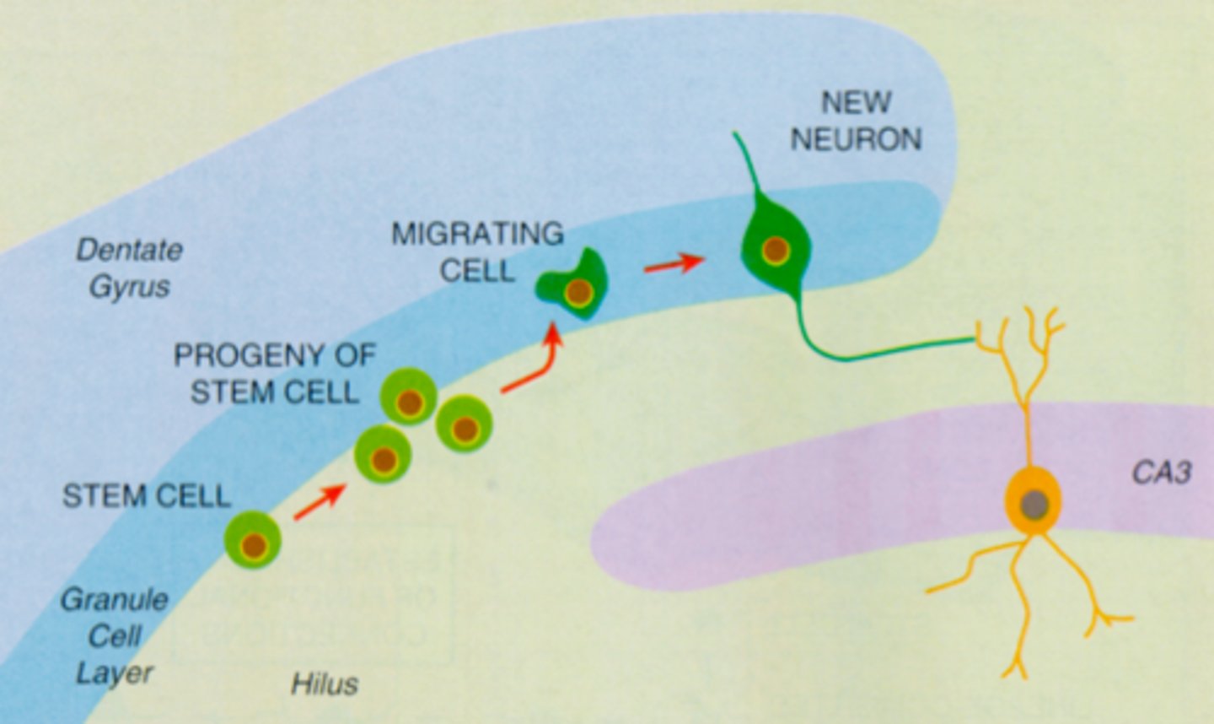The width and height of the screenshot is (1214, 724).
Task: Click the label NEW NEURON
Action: point(856,121)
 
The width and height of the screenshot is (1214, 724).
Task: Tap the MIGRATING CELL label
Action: point(477,251)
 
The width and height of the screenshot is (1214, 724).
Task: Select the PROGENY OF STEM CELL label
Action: point(274,374)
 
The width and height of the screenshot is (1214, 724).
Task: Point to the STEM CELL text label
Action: point(146,495)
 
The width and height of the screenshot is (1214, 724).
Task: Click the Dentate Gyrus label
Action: point(129,267)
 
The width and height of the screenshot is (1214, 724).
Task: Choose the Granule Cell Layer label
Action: point(114,636)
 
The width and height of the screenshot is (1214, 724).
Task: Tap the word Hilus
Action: point(325,683)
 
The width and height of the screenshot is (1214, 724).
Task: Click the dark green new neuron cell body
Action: point(776,249)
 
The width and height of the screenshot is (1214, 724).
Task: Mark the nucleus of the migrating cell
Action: point(579,293)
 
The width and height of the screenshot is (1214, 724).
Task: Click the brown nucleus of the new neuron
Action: point(776,251)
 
